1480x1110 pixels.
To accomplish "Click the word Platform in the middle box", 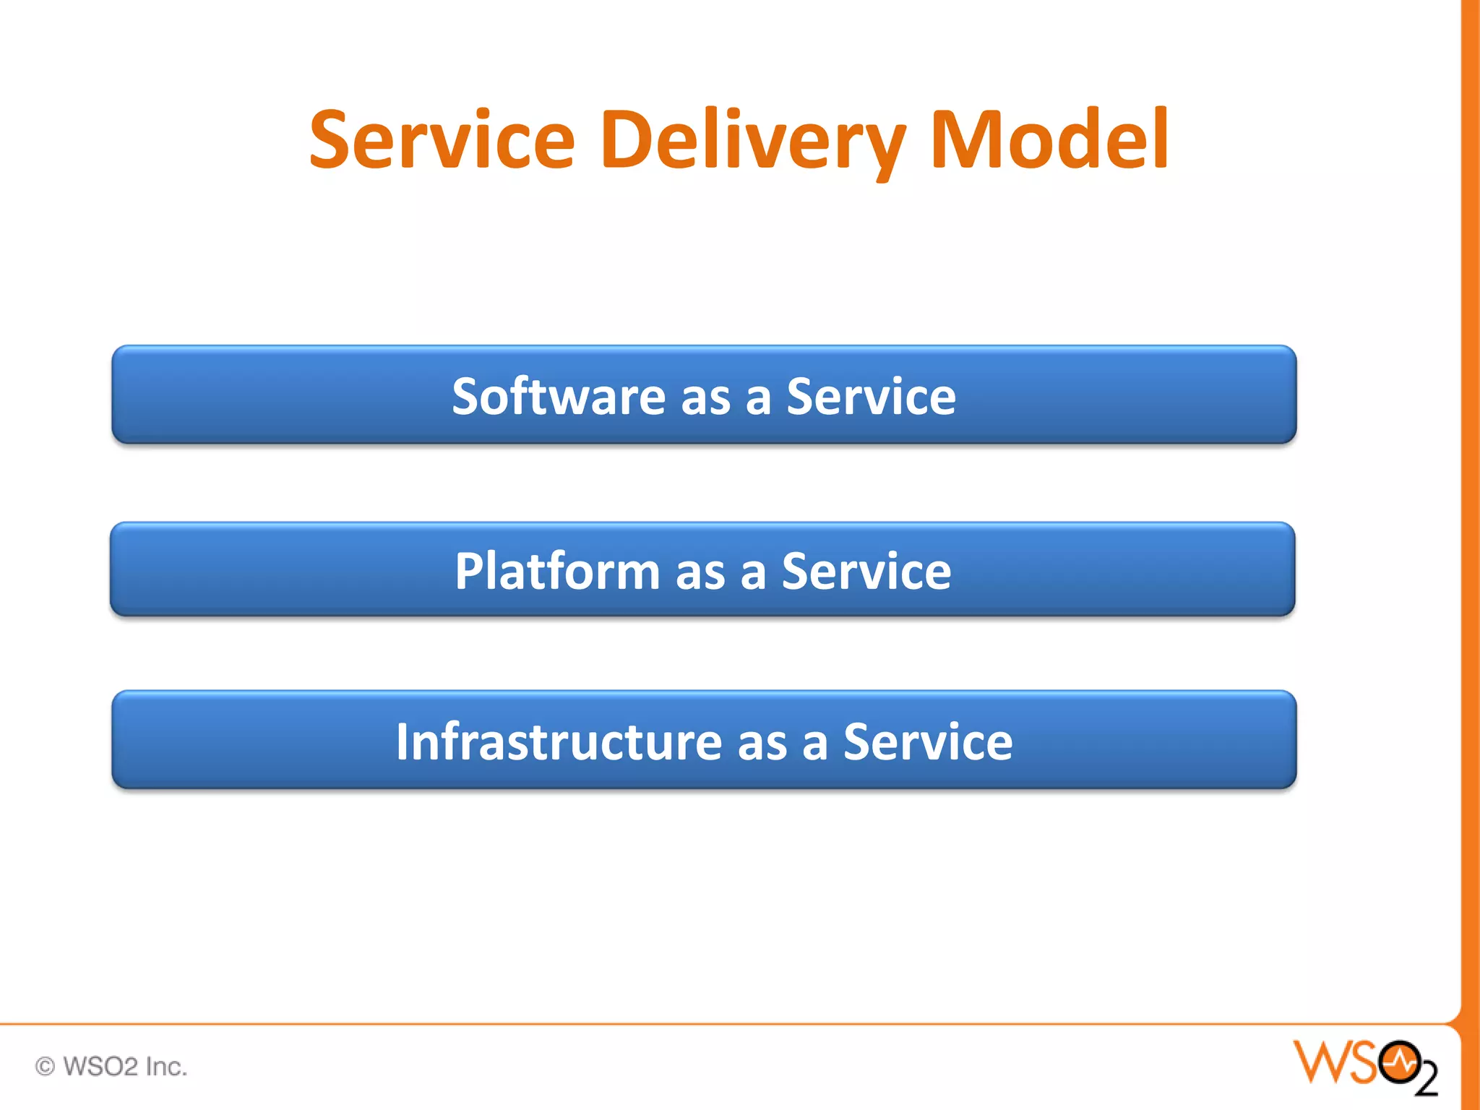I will click(x=557, y=571).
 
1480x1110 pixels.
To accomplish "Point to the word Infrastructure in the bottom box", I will click(x=559, y=742).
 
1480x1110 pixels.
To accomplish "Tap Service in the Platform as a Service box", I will click(x=866, y=571).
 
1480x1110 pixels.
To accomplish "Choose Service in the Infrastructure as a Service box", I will click(x=928, y=742).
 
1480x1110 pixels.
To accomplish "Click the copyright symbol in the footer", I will click(x=45, y=1067).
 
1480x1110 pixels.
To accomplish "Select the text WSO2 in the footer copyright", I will click(x=100, y=1067).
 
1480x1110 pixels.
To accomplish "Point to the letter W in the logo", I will click(x=1319, y=1062).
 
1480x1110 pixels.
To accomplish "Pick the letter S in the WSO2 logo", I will click(x=1360, y=1062).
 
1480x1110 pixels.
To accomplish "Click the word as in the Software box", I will click(x=705, y=397).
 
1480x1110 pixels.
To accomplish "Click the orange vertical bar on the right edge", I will click(x=1471, y=506).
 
